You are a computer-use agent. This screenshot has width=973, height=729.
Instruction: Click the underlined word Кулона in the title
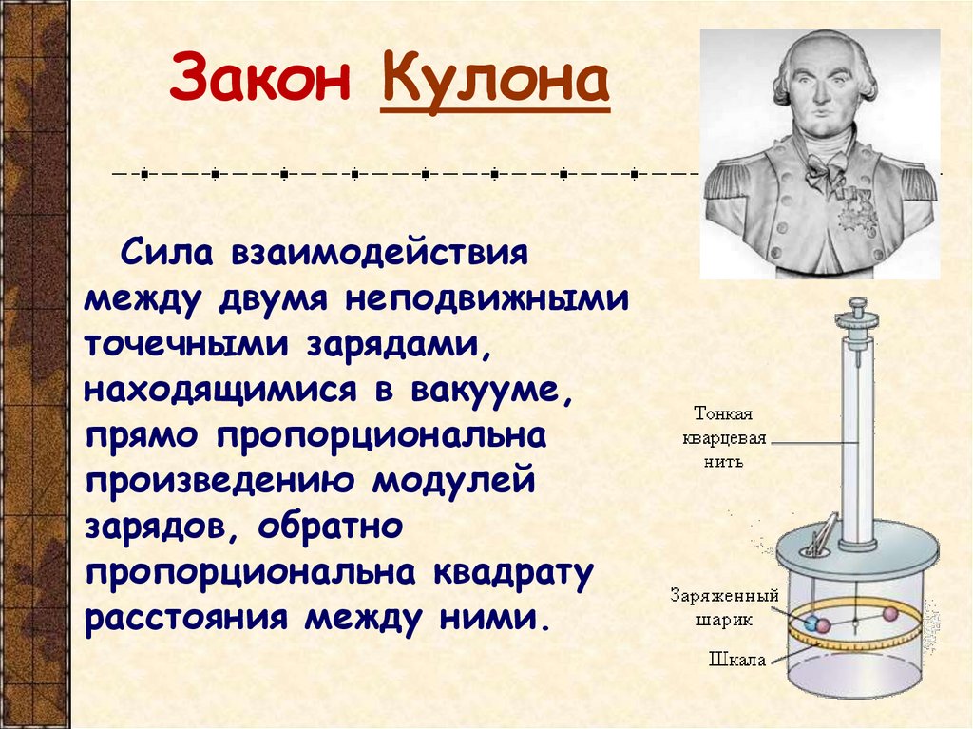click(494, 82)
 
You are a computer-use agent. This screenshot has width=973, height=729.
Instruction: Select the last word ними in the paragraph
click(500, 619)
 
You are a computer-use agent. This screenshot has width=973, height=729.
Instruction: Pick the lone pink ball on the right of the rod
click(890, 613)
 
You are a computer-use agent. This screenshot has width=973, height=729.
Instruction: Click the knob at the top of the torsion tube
click(859, 308)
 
